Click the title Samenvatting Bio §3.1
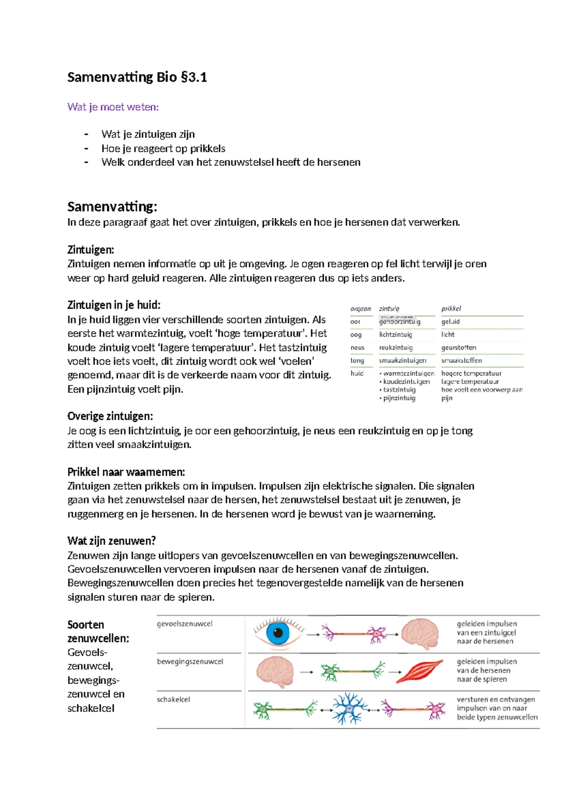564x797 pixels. tap(137, 77)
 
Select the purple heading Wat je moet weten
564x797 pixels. tap(113, 107)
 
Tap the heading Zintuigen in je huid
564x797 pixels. tap(114, 305)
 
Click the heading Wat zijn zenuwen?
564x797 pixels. tap(111, 541)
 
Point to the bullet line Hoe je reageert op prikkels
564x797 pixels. tap(163, 148)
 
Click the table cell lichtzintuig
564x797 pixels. tap(395, 335)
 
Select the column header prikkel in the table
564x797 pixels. tap(451, 309)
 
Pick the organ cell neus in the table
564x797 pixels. tap(357, 348)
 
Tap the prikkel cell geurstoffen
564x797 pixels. tap(458, 348)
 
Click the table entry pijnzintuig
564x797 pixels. tap(399, 398)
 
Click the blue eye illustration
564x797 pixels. tap(278, 633)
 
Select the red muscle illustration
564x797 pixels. tap(419, 672)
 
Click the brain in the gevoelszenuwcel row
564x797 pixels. tap(420, 633)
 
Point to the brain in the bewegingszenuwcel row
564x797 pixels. tap(275, 672)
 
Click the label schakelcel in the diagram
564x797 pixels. tap(173, 699)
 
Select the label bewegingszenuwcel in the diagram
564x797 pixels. tap(190, 661)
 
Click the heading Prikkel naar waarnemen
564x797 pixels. tap(126, 472)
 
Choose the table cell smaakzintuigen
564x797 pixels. tap(402, 360)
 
